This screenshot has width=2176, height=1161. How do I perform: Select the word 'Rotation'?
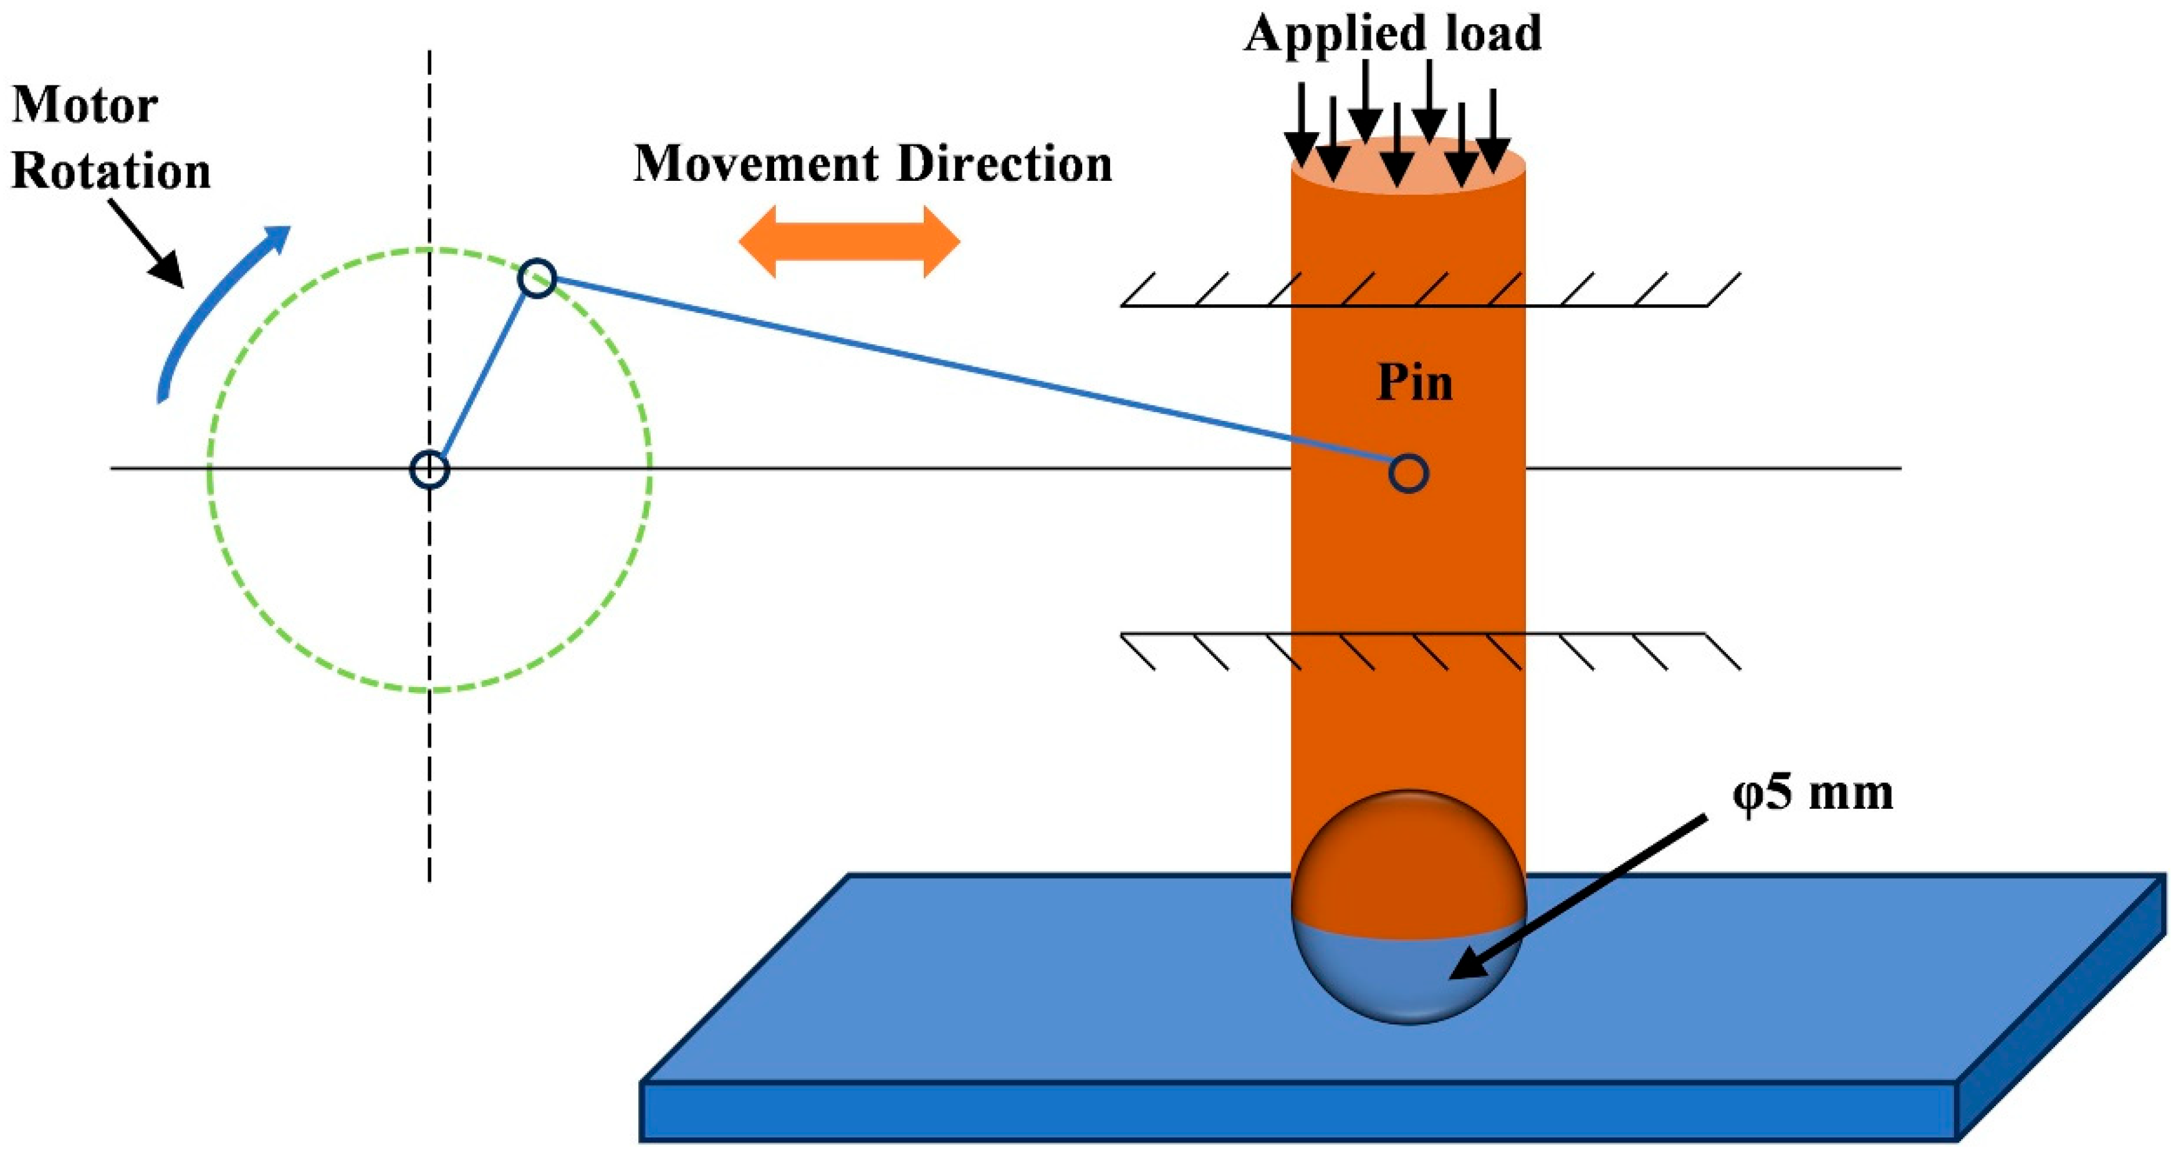click(x=111, y=172)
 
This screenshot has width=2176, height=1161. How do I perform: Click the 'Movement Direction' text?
click(x=873, y=164)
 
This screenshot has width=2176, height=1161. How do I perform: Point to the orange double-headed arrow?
click(x=849, y=242)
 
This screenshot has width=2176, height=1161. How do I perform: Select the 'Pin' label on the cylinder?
click(x=1415, y=383)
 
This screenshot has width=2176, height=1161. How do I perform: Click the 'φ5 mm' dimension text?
click(x=1812, y=794)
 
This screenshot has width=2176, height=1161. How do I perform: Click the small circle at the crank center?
click(x=429, y=470)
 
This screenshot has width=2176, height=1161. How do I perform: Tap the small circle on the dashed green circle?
click(x=537, y=279)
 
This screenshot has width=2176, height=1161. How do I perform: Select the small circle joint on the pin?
click(x=1408, y=473)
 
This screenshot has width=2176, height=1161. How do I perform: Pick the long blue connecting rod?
click(x=971, y=375)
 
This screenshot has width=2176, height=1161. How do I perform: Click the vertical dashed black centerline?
click(x=429, y=761)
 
